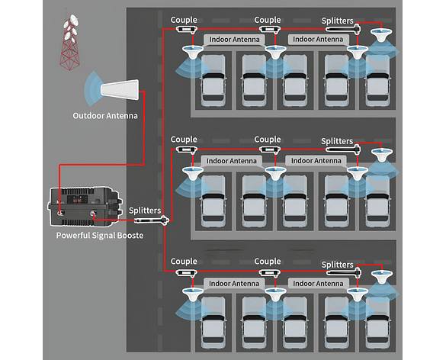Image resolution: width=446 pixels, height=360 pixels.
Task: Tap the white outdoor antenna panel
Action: click(x=120, y=90)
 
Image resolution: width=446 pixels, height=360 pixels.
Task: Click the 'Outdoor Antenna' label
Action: click(x=105, y=116)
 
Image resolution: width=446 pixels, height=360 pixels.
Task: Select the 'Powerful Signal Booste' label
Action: click(x=100, y=236)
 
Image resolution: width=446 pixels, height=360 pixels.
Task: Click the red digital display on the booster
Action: click(x=77, y=201)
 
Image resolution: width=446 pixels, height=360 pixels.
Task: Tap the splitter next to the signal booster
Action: click(x=152, y=220)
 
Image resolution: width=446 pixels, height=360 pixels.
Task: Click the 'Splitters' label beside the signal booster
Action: click(x=145, y=211)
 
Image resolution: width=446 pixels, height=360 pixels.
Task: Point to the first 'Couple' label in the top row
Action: click(x=184, y=20)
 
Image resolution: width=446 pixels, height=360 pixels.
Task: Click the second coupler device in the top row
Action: click(x=270, y=29)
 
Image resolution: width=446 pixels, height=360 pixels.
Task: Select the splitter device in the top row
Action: click(x=343, y=29)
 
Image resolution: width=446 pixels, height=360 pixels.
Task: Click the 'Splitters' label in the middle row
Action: click(x=337, y=141)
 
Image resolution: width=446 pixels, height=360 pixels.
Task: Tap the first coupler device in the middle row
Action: click(x=186, y=149)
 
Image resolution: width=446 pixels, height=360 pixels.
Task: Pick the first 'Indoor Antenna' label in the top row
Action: click(x=234, y=40)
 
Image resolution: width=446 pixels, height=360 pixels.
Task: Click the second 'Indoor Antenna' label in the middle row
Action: click(x=316, y=161)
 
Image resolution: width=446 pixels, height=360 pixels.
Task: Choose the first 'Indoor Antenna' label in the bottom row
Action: click(x=234, y=284)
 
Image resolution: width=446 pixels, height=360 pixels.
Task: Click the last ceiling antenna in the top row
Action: click(x=382, y=35)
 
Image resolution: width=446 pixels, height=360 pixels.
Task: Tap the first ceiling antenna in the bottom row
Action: click(x=193, y=295)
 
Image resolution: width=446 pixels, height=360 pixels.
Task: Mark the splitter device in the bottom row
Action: click(x=344, y=272)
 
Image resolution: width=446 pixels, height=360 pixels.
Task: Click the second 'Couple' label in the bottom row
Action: click(x=268, y=262)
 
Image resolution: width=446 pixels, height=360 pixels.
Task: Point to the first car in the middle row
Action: click(x=213, y=201)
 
